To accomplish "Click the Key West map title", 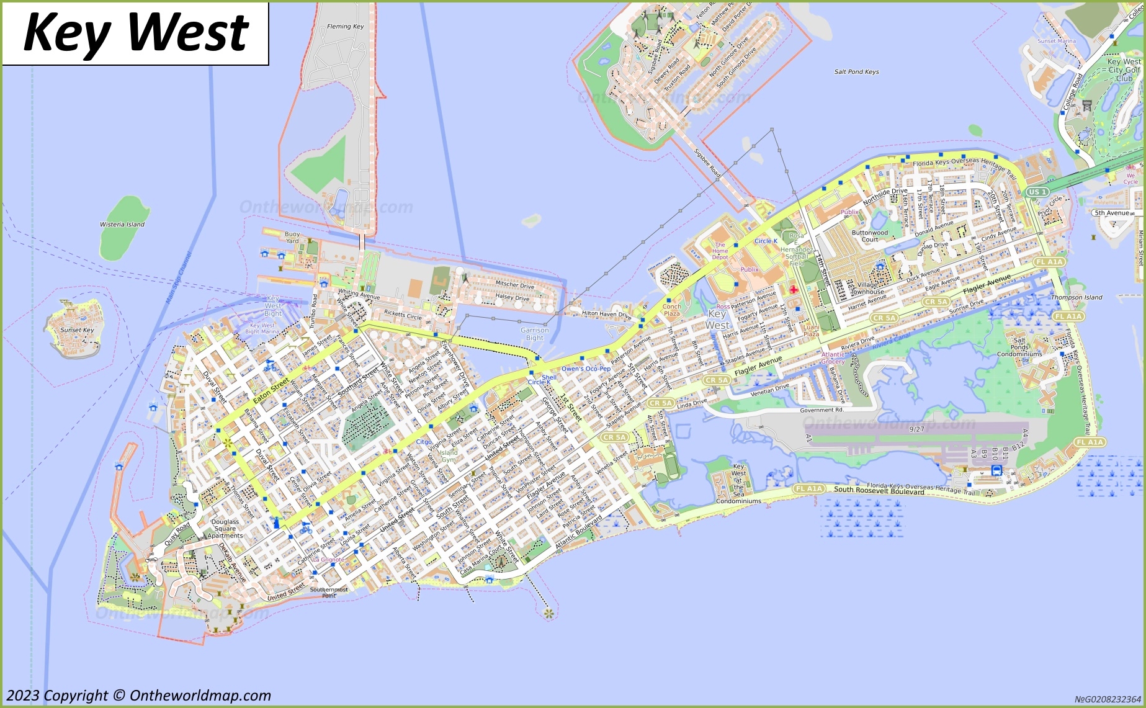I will pos(135,34).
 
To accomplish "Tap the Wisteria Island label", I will pos(122,225).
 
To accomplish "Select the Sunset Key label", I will pos(77,330).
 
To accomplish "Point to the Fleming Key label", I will pos(345,27).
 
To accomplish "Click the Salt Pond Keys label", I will pos(856,72).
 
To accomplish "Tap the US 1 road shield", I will pos(1037,192).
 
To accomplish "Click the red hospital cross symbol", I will pos(794,290).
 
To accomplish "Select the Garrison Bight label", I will pos(534,334).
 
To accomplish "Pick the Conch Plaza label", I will pos(671,310).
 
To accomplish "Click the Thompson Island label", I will pos(1077,297).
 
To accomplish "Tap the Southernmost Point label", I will pos(329,593).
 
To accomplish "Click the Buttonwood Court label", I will pos(869,236).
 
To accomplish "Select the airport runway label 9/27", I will pos(916,429).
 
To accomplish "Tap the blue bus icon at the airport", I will pos(996,470).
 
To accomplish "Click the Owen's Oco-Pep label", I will pos(586,369).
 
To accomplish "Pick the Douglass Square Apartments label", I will pos(225,529).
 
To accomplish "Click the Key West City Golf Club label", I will pos(1124,70).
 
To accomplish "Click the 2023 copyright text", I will pos(138,696).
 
